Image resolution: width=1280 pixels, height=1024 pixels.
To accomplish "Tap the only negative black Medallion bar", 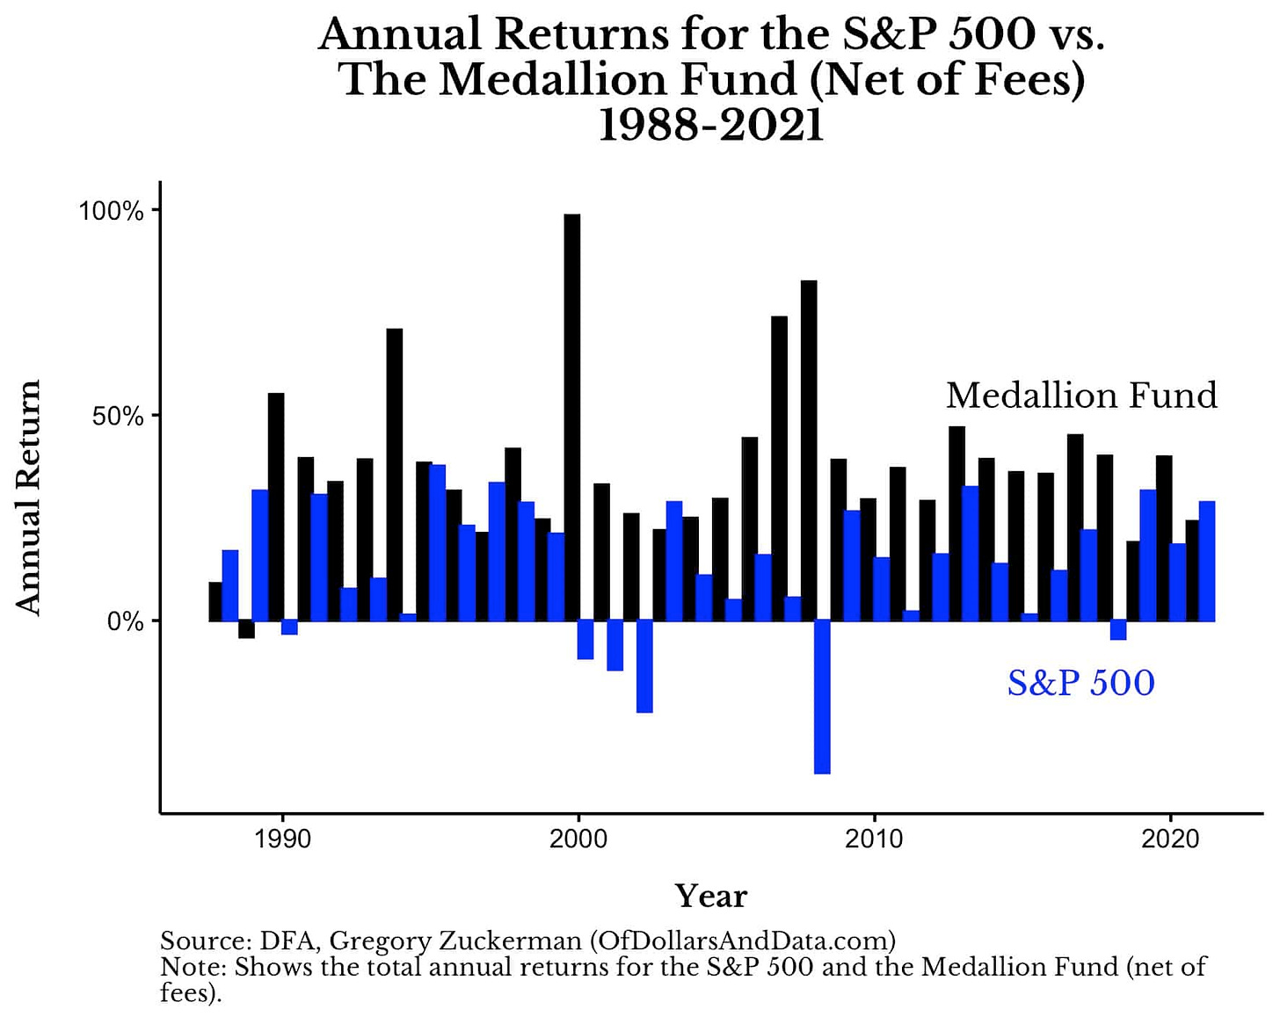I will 246,629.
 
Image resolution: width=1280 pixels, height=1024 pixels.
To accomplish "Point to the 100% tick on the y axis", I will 112,211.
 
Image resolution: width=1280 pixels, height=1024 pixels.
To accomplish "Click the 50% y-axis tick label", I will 118,416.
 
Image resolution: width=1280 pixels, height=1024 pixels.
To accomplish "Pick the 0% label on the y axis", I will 125,621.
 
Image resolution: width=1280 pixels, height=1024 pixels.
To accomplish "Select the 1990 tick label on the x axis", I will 282,839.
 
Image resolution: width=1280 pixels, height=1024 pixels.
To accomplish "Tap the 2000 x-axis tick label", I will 578,839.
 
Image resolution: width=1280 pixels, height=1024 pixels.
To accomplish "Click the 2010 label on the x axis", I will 874,839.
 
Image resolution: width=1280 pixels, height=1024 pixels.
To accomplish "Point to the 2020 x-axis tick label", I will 1170,839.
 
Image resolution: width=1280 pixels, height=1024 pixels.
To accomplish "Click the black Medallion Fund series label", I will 1081,396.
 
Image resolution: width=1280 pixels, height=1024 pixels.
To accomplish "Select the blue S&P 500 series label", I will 1080,683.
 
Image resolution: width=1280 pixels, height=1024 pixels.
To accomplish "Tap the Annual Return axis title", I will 28,497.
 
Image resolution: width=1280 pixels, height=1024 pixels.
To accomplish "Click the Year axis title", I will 710,896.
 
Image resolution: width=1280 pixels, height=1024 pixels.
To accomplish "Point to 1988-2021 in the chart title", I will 710,126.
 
